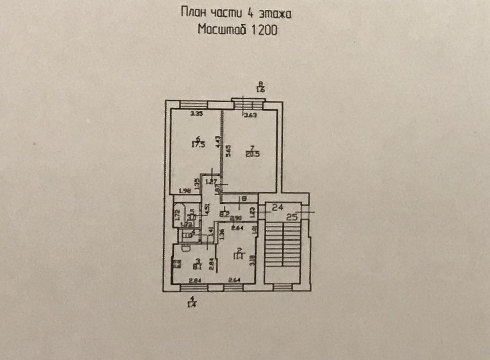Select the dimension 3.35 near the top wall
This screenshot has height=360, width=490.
(196, 114)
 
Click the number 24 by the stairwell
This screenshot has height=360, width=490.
(278, 206)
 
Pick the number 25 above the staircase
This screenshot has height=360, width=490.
(290, 217)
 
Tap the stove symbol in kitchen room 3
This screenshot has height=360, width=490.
(177, 263)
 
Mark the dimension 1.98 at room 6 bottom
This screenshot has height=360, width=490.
(186, 190)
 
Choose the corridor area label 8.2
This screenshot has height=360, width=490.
(223, 214)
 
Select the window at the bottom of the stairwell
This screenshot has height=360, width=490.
(283, 288)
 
